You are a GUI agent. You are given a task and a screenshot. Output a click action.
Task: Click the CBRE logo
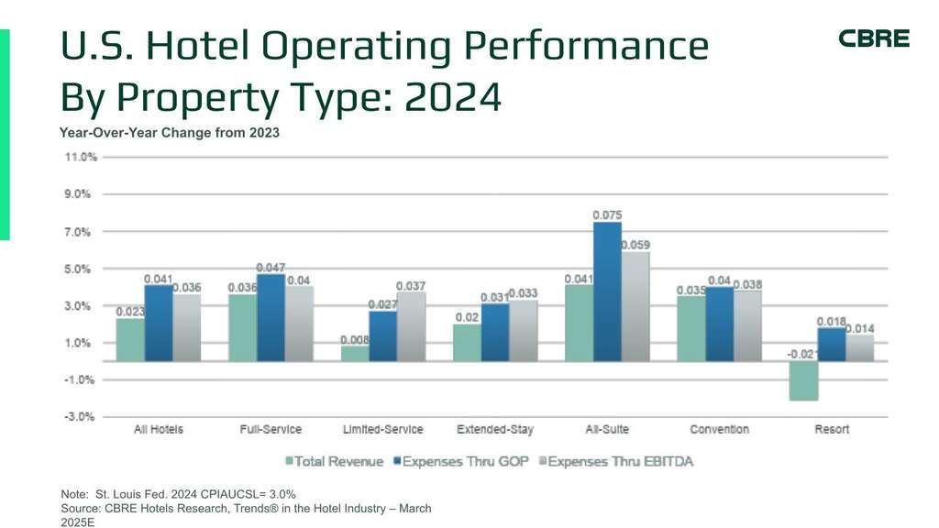tap(874, 38)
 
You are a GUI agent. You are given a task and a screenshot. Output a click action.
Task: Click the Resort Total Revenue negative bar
tap(803, 380)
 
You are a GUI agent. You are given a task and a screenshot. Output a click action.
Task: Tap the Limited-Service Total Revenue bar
tap(355, 353)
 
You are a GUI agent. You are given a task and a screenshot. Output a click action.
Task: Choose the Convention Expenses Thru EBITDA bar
tap(746, 325)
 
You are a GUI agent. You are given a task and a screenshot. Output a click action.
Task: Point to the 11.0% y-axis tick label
tap(81, 158)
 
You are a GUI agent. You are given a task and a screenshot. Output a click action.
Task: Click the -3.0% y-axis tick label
tap(81, 416)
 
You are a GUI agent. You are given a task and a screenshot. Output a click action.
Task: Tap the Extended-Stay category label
tap(494, 429)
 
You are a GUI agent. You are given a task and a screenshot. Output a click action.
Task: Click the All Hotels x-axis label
tap(159, 429)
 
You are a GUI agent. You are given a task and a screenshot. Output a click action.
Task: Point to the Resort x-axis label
tap(832, 429)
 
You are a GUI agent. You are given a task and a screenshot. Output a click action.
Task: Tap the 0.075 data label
tap(607, 215)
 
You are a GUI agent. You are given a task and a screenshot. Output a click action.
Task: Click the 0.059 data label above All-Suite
tap(635, 245)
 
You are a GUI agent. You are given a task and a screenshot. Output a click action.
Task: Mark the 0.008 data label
tap(355, 339)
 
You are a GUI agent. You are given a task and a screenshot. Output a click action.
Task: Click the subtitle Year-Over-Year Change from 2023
tap(170, 133)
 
